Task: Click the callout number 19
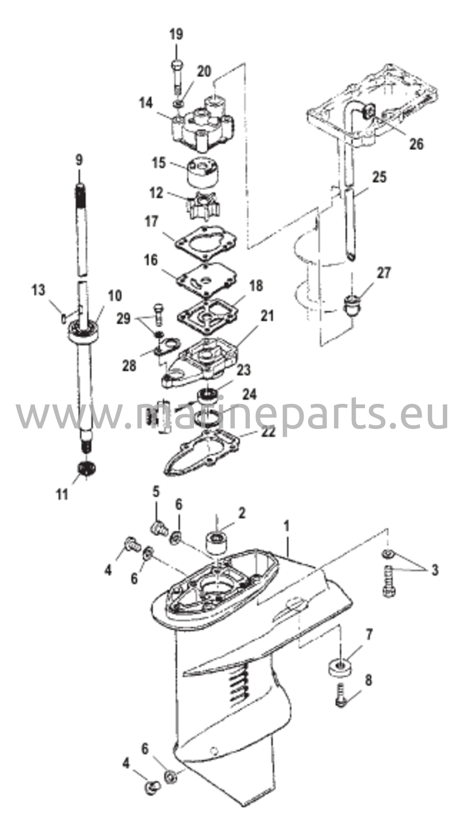(176, 34)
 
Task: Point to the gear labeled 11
(86, 469)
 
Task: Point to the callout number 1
(286, 526)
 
